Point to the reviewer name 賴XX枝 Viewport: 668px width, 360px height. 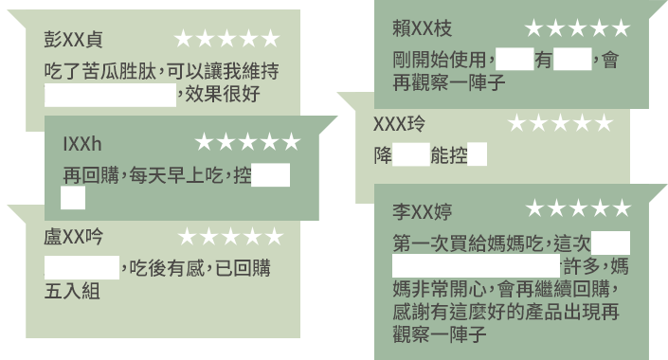[x=421, y=29]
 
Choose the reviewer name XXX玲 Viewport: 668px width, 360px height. [x=399, y=123]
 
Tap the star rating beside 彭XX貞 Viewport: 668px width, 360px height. [x=227, y=39]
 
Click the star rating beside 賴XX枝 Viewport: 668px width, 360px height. [x=577, y=29]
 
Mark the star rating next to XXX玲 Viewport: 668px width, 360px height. [x=559, y=123]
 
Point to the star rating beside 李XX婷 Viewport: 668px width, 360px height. [x=578, y=207]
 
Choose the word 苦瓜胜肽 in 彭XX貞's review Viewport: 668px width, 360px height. [x=125, y=72]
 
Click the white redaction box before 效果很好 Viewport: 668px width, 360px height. [x=110, y=95]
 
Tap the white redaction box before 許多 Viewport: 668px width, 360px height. [x=477, y=263]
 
